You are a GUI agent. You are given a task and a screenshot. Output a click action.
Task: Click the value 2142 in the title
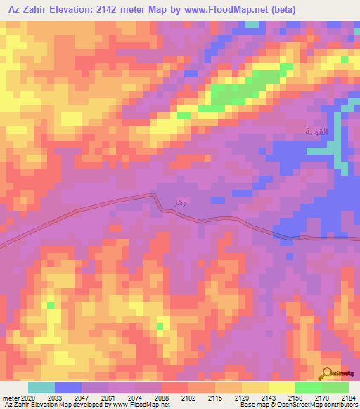click(x=132, y=10)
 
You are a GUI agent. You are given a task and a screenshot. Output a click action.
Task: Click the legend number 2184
click(x=349, y=398)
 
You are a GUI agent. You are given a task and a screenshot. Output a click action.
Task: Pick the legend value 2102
click(x=188, y=398)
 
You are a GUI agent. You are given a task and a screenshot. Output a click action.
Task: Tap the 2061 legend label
click(x=108, y=398)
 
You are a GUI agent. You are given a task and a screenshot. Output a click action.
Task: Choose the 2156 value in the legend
click(x=295, y=398)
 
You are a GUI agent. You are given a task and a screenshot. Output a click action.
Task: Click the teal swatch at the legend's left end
click(x=41, y=387)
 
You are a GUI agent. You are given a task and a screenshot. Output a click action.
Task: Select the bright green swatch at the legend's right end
click(x=335, y=387)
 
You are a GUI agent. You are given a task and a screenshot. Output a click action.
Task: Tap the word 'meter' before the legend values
click(x=9, y=398)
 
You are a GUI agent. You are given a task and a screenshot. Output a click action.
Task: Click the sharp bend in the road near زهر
click(x=155, y=196)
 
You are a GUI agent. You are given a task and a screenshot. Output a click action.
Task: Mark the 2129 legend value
click(x=242, y=398)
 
